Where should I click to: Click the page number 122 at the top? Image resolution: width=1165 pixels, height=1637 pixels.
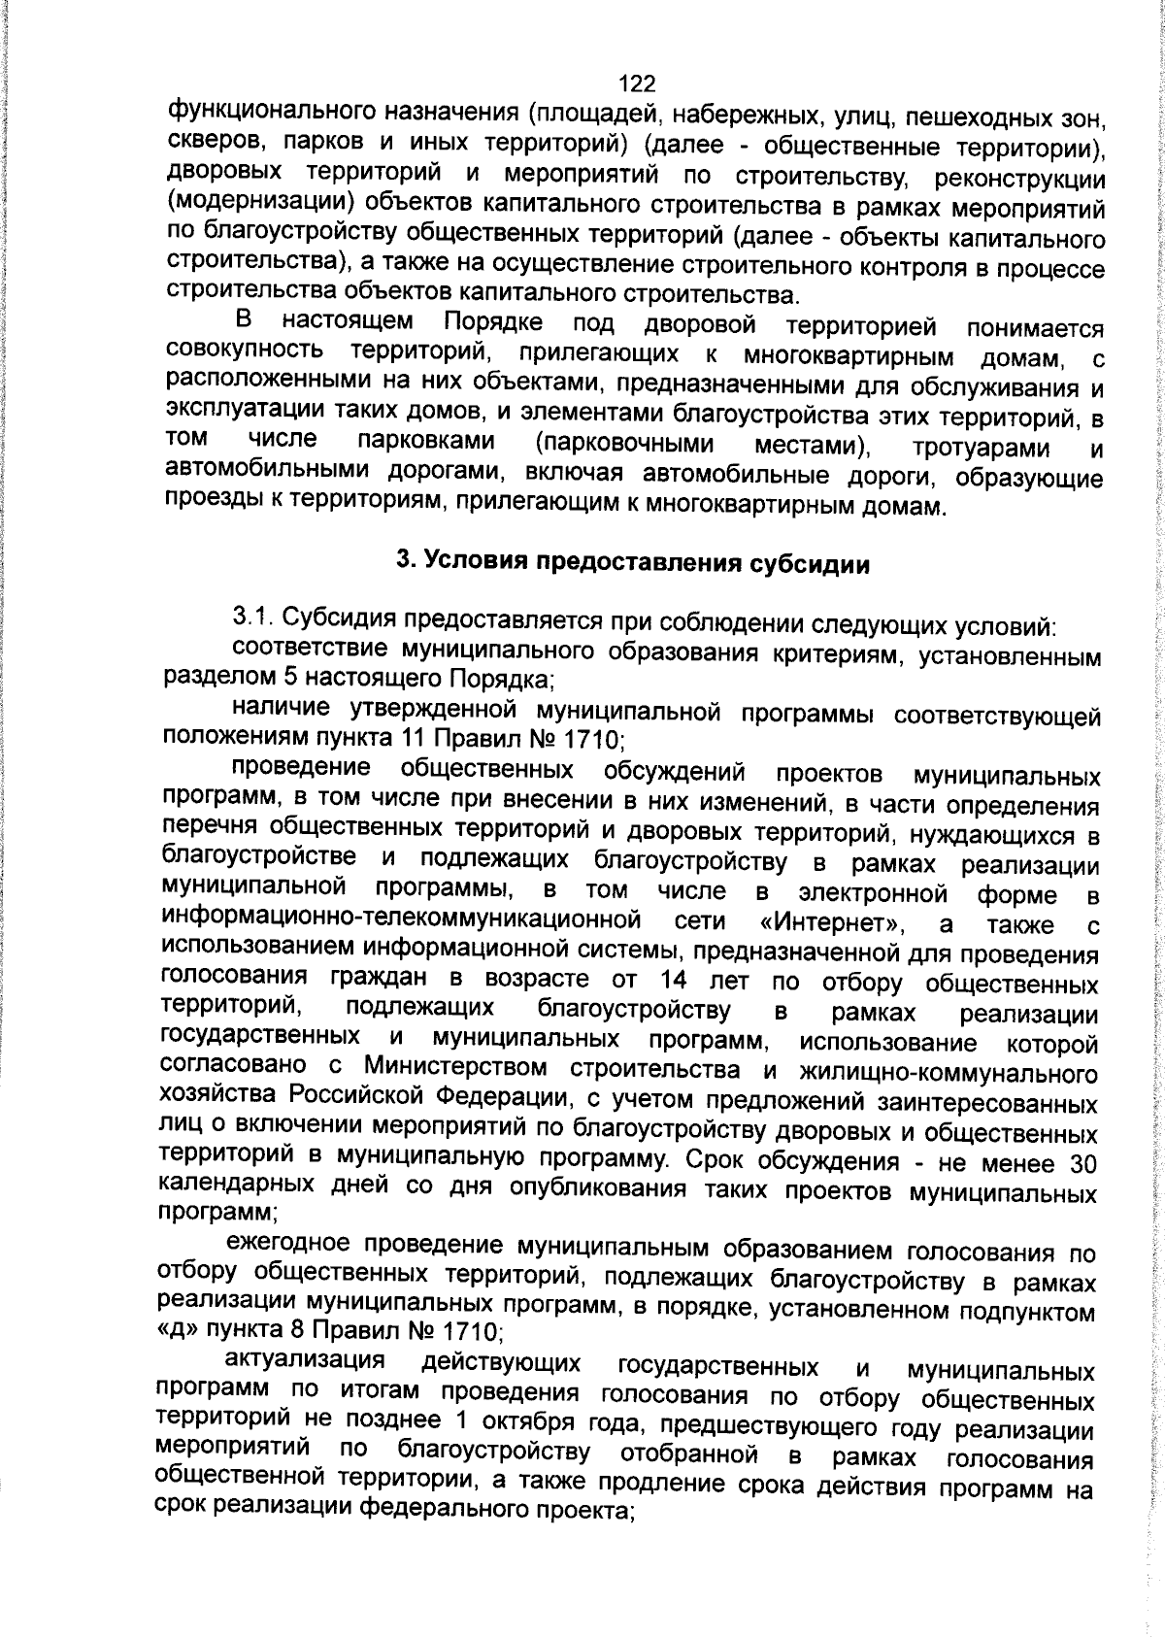[x=637, y=84]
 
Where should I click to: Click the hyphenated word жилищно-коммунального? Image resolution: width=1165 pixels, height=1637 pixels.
[x=949, y=1074]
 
